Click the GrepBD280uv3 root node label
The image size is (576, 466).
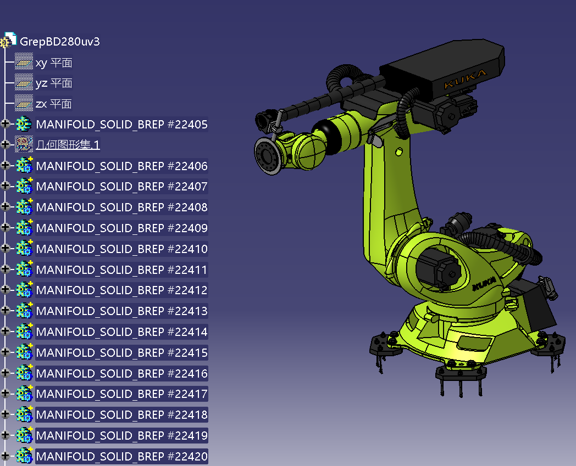tap(59, 42)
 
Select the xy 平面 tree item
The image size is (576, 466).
tap(54, 63)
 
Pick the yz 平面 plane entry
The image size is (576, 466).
tap(54, 83)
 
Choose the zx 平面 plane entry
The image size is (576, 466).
tap(54, 104)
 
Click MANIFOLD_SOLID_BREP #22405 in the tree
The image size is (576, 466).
tap(121, 125)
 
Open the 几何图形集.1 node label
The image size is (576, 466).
tap(68, 144)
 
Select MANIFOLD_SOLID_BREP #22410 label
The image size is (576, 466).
tap(121, 249)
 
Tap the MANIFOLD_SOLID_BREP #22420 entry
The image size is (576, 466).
tap(121, 456)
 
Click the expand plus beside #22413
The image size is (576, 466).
tap(5, 311)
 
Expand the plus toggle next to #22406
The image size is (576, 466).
tap(5, 165)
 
